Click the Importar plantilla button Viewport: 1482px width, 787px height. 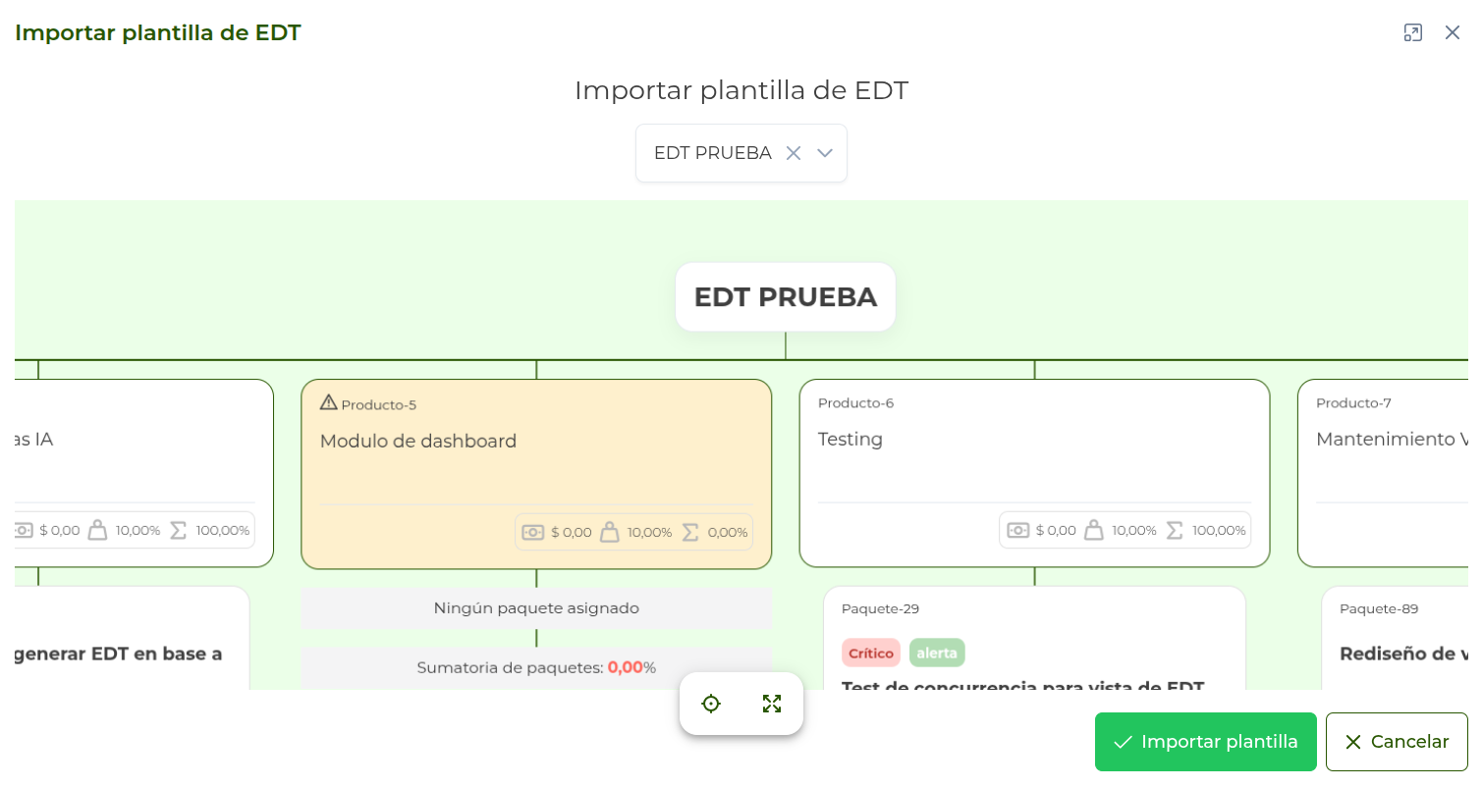click(x=1205, y=742)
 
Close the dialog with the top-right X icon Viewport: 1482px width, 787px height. click(x=1452, y=32)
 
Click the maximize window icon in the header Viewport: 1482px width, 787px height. click(x=1412, y=32)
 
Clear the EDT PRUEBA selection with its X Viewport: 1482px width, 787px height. click(x=794, y=153)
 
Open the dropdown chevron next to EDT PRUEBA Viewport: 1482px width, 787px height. click(x=825, y=153)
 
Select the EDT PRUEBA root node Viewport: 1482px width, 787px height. click(x=785, y=296)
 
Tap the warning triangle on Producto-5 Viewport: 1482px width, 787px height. click(x=329, y=402)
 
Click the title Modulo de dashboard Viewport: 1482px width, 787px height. click(x=418, y=442)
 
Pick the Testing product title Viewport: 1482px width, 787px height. click(x=851, y=440)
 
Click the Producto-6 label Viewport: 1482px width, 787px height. click(x=855, y=403)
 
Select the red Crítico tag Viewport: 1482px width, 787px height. click(x=870, y=654)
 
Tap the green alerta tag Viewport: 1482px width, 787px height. click(x=937, y=654)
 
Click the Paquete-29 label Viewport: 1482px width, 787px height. click(x=880, y=608)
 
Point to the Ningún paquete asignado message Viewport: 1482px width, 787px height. click(x=536, y=608)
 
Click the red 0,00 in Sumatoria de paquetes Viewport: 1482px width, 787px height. click(x=625, y=667)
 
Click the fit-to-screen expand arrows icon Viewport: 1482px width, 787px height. click(x=772, y=704)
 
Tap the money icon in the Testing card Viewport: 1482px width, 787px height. click(x=1017, y=530)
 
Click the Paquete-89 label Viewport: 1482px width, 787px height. click(x=1379, y=608)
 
